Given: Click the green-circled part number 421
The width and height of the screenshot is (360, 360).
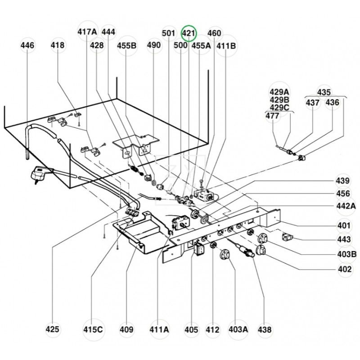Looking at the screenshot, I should tap(189, 33).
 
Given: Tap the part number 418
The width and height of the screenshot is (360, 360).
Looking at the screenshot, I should tap(58, 45).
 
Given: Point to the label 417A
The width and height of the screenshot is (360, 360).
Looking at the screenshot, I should tap(87, 32).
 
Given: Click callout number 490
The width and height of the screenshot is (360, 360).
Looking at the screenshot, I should tap(153, 45).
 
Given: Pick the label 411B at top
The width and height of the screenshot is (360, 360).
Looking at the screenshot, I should tap(226, 45).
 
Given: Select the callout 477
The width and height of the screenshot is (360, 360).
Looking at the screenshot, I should tap(272, 116).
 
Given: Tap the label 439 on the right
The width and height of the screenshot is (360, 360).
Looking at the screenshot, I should tap(342, 181).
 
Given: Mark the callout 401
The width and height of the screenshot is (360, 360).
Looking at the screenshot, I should tap(344, 225).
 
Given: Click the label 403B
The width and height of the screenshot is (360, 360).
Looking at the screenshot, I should tap(346, 254).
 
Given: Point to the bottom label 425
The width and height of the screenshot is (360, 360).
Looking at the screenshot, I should tap(53, 329).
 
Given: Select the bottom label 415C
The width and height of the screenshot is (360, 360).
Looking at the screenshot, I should tap(93, 329).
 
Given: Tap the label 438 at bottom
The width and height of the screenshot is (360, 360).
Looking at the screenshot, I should tap(265, 329).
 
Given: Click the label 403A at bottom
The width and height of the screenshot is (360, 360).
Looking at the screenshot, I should tap(238, 329).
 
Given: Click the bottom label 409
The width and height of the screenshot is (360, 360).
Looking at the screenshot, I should tap(127, 329).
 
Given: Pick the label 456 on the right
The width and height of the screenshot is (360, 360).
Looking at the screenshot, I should tap(342, 193).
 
